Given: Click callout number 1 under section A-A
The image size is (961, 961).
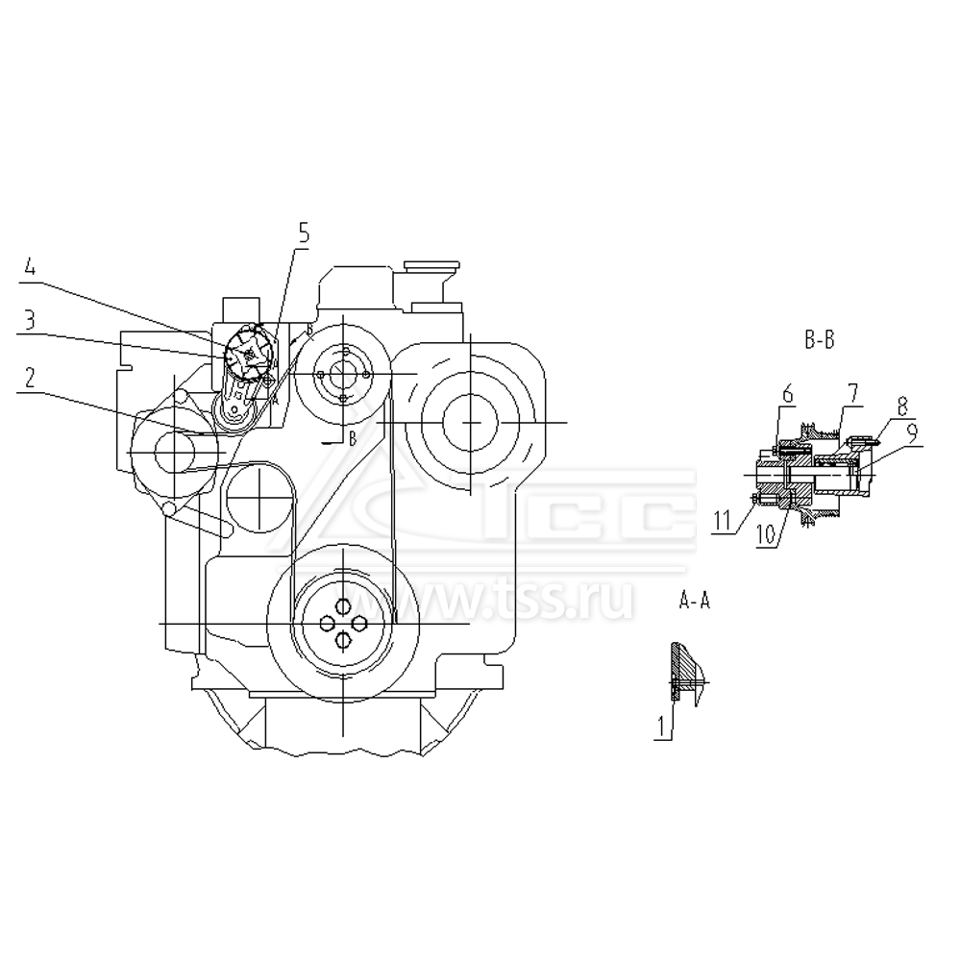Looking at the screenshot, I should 661,728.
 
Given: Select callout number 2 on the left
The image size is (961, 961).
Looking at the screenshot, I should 31,378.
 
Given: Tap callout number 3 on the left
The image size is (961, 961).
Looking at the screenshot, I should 31,321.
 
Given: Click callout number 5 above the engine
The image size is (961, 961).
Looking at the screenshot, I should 304,232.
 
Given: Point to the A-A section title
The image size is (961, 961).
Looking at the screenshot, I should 695,602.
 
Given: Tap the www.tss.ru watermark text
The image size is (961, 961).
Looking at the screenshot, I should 538,601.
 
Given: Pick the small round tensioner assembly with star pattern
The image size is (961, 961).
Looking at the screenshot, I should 250,356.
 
